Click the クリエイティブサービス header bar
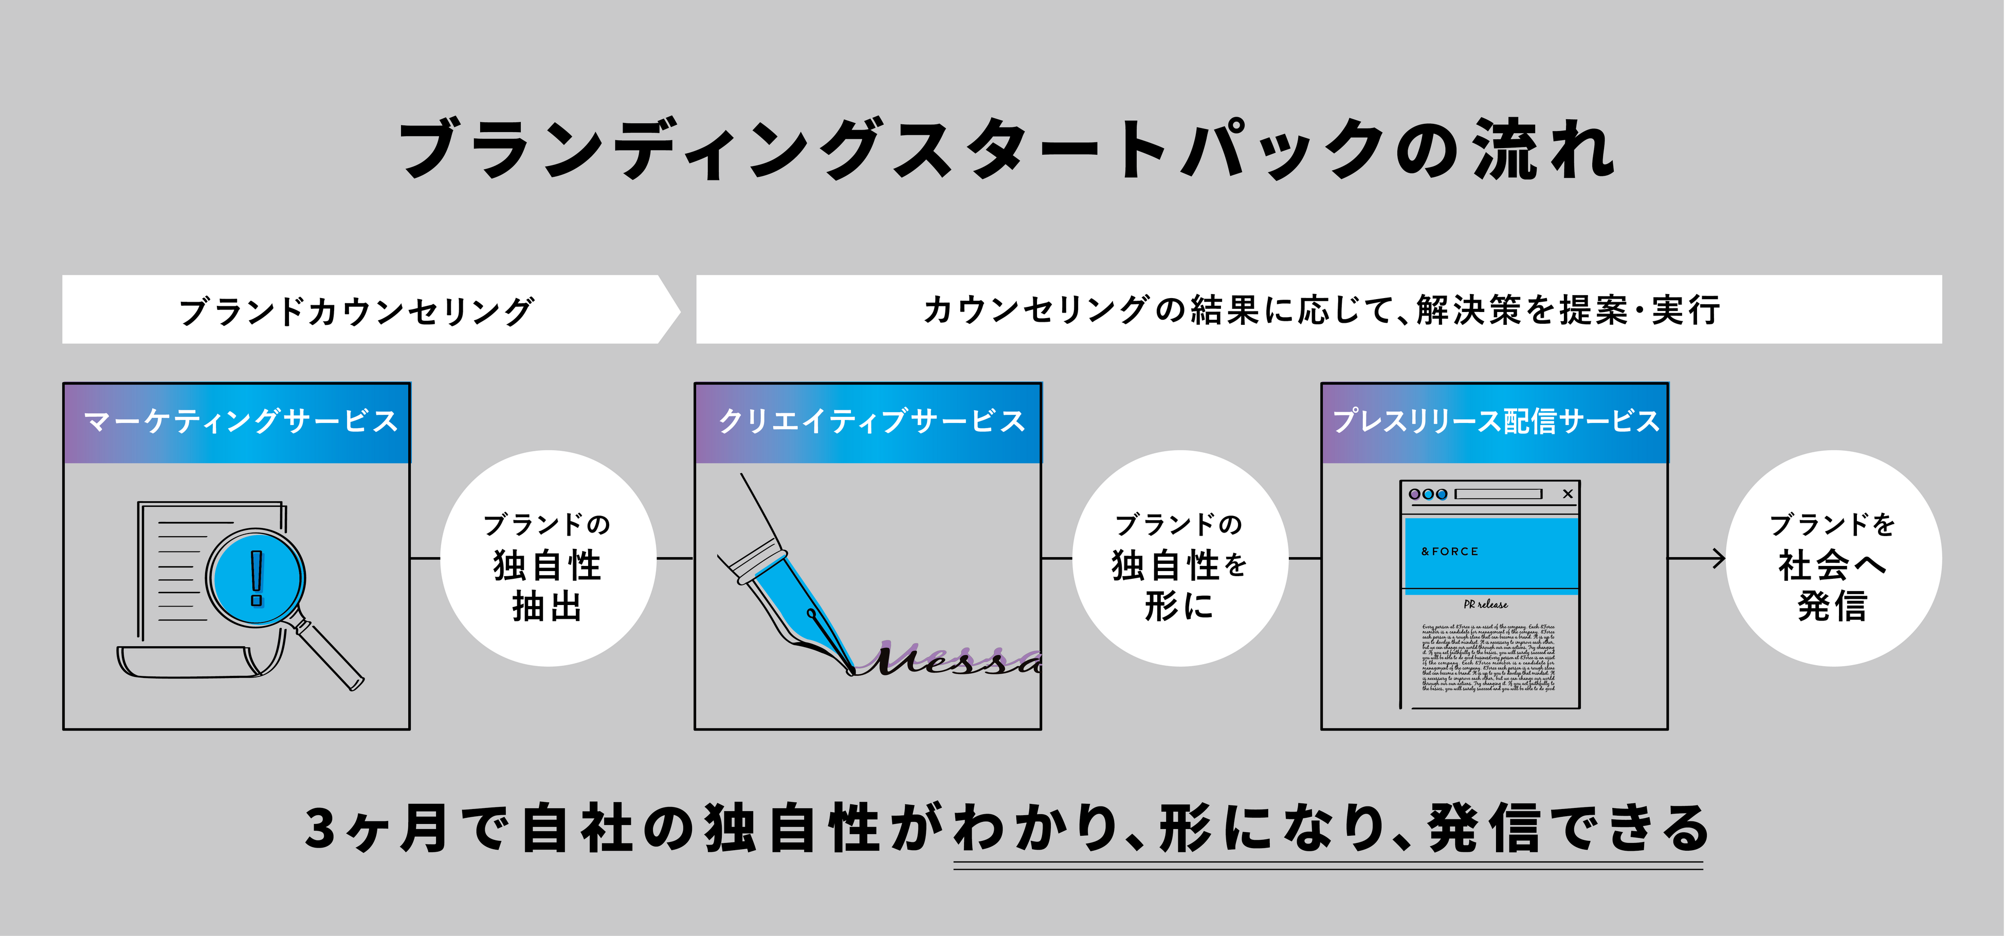868,423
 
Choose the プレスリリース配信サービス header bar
1494,423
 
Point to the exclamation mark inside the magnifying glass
256,577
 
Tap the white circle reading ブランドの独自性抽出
548,559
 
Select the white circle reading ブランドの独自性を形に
1180,559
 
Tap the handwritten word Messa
954,660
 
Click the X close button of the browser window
1567,494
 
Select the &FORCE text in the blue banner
1449,552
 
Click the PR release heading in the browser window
1485,604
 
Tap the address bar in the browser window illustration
1498,494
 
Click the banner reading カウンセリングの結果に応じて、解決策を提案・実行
1319,309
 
